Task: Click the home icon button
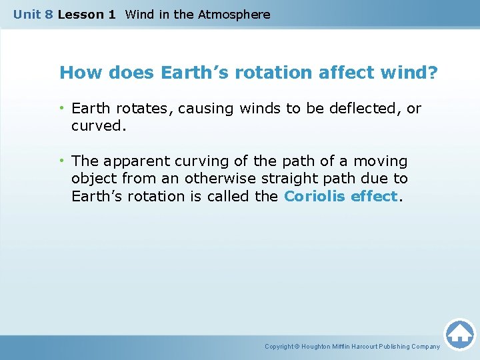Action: pos(459,334)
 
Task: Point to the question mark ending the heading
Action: pos(434,73)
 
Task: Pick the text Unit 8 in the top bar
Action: pos(33,14)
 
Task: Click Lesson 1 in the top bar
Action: pos(87,14)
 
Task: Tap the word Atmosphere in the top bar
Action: pos(234,14)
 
